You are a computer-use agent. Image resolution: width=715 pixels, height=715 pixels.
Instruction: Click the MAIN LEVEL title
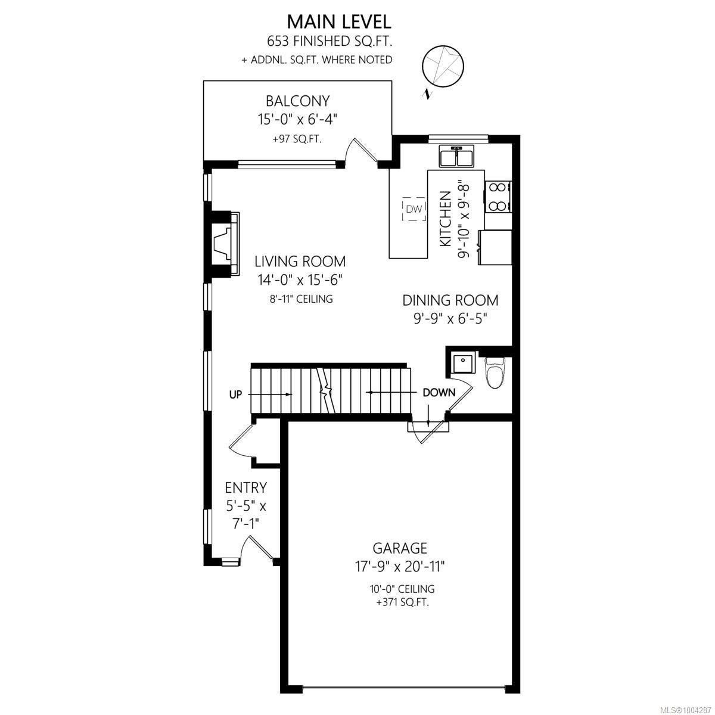tap(339, 22)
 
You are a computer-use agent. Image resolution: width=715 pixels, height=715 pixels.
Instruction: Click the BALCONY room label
tap(297, 101)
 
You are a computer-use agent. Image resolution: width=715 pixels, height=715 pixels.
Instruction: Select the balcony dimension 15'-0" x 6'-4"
tap(297, 120)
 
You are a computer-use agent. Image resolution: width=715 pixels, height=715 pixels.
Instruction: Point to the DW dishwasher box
tap(414, 209)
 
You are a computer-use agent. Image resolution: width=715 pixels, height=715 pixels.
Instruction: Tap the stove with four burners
tap(498, 197)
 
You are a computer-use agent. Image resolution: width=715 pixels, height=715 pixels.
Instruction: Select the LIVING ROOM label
tap(300, 261)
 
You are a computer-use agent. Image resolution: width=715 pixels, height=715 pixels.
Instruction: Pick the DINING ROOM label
tap(450, 300)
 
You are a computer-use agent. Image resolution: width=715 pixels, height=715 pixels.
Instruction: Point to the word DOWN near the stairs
tap(439, 392)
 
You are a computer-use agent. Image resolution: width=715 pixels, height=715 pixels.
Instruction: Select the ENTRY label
tap(245, 487)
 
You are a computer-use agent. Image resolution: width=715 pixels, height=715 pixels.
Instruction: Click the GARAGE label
tap(400, 548)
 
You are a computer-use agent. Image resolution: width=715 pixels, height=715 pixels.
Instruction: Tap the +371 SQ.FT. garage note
tap(402, 603)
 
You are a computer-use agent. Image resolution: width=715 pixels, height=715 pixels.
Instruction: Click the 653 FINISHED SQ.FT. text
tap(329, 42)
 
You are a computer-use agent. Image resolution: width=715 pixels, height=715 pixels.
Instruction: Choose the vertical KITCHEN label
tap(445, 219)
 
